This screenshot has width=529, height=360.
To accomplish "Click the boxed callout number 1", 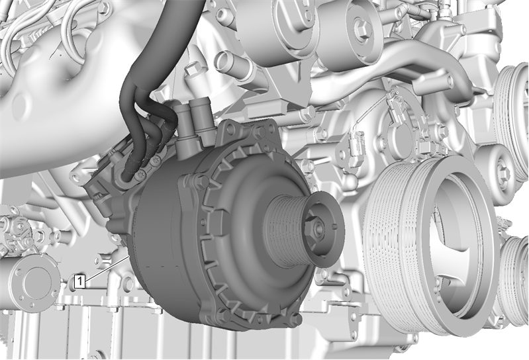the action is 79,281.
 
